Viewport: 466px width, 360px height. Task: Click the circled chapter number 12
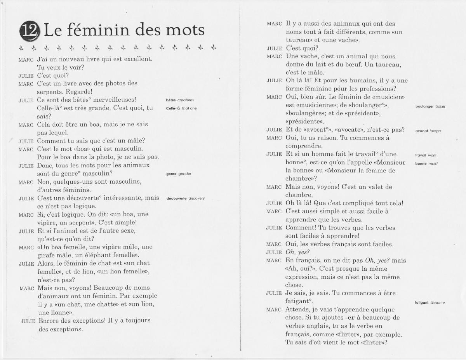pyautogui.click(x=30, y=30)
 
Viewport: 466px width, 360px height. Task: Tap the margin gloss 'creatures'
pyautogui.click(x=185, y=100)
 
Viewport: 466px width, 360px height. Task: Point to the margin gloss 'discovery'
pyautogui.click(x=196, y=198)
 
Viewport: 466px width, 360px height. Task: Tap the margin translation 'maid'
pyautogui.click(x=433, y=163)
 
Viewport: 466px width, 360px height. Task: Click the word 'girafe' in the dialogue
pyautogui.click(x=49, y=256)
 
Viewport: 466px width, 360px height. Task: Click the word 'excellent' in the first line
pyautogui.click(x=136, y=59)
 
